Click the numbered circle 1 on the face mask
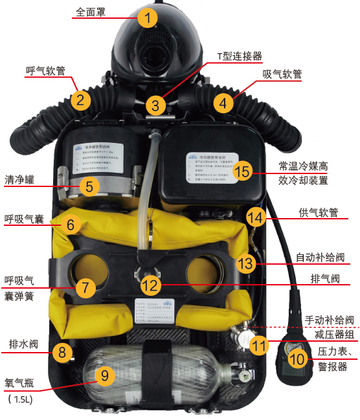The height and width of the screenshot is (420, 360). (148, 18)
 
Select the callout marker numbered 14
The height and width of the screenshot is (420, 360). (256, 216)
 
